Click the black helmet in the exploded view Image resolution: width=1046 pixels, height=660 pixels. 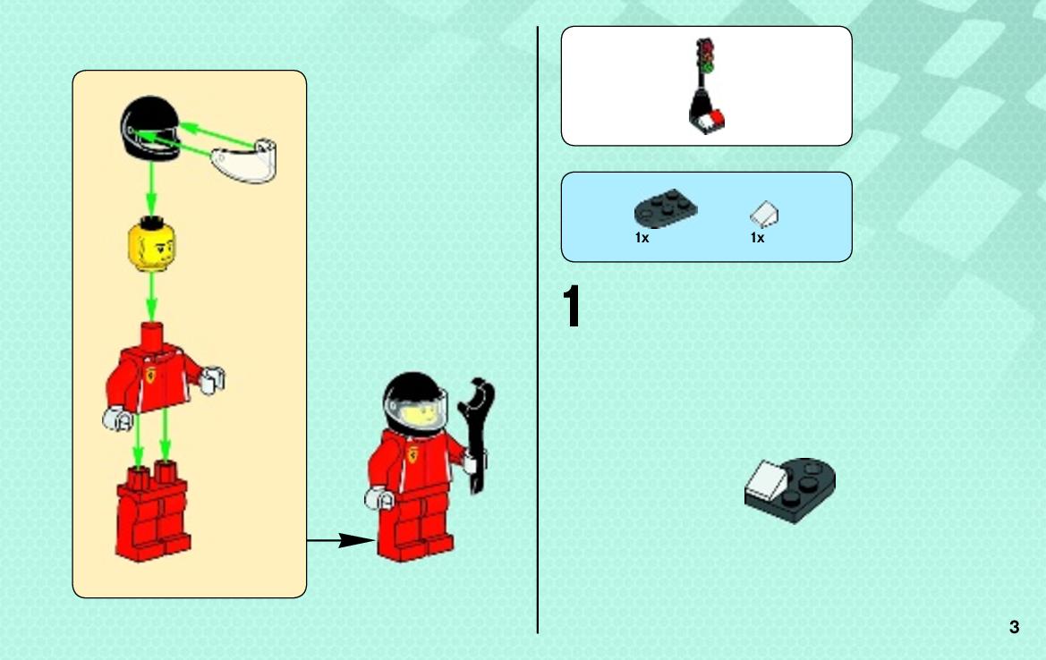pyautogui.click(x=150, y=128)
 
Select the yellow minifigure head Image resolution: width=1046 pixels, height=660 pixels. pyautogui.click(x=151, y=245)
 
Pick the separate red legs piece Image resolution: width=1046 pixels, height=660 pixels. pyautogui.click(x=153, y=512)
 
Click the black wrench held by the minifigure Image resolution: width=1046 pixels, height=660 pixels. pyautogui.click(x=476, y=435)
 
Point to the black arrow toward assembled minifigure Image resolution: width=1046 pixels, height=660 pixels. pyautogui.click(x=341, y=541)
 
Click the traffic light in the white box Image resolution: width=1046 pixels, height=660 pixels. pyautogui.click(x=706, y=85)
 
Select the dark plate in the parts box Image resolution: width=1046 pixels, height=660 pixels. pyautogui.click(x=665, y=207)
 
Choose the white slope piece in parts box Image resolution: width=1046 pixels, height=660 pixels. pyautogui.click(x=764, y=215)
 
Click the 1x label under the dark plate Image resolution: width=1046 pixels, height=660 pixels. pyautogui.click(x=642, y=238)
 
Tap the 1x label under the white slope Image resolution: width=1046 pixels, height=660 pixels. pyautogui.click(x=757, y=238)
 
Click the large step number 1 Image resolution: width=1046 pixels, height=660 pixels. pyautogui.click(x=572, y=306)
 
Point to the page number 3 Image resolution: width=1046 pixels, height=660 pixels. pyautogui.click(x=1014, y=627)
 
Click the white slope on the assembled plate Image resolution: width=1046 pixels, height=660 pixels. pyautogui.click(x=765, y=480)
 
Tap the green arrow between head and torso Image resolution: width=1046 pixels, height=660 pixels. pyautogui.click(x=151, y=298)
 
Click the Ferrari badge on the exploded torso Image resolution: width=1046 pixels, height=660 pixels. pyautogui.click(x=151, y=375)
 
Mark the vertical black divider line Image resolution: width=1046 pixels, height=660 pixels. pyautogui.click(x=538, y=330)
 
